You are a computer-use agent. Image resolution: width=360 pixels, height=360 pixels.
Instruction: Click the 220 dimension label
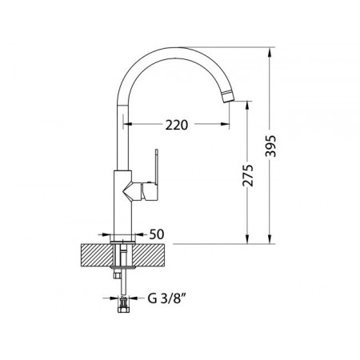(176, 125)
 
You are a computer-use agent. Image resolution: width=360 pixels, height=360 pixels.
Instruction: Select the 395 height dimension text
(270, 146)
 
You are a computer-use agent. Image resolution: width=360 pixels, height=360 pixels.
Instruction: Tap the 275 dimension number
(248, 175)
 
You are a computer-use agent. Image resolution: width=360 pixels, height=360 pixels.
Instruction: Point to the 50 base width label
(156, 234)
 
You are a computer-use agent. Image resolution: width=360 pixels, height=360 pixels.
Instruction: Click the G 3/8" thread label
(166, 298)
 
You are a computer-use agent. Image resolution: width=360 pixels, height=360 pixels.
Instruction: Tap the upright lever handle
(156, 165)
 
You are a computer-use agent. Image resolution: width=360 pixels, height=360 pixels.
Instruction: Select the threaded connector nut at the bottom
(123, 310)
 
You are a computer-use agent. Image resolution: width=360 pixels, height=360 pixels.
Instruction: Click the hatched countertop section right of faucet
(148, 255)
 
